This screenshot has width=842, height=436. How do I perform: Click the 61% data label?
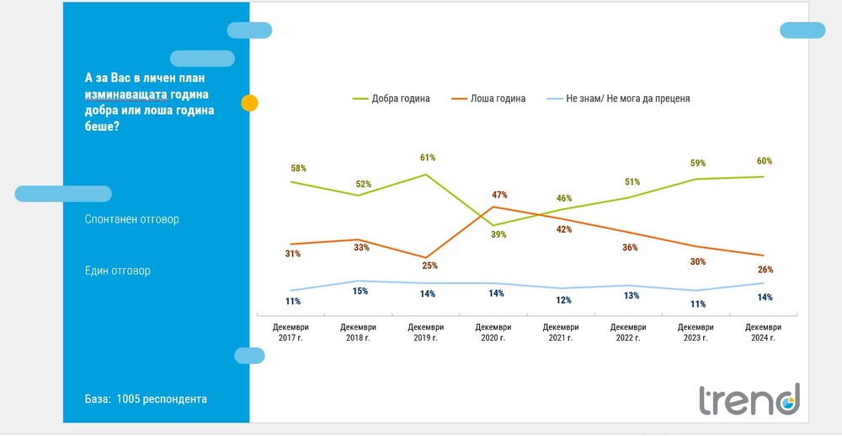click(x=427, y=158)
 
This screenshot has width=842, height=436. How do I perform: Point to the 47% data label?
click(x=499, y=195)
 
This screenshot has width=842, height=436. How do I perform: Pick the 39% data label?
click(x=498, y=234)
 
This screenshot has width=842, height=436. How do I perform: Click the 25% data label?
click(x=429, y=266)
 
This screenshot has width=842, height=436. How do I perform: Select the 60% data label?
click(x=765, y=161)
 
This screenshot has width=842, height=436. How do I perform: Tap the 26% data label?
click(x=765, y=270)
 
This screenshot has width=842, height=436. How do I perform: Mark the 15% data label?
click(x=360, y=291)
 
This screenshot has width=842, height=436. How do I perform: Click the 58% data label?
click(x=298, y=169)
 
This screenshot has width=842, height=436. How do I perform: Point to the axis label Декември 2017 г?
click(x=290, y=332)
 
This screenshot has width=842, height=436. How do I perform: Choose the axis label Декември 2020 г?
click(x=493, y=332)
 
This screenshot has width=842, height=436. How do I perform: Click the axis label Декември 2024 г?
click(x=763, y=332)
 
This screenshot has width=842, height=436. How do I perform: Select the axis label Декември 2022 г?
click(x=628, y=332)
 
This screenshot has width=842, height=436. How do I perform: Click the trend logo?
click(x=749, y=399)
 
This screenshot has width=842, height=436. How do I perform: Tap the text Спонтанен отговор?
click(x=132, y=219)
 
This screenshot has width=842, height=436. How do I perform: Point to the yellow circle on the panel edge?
click(x=249, y=104)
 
